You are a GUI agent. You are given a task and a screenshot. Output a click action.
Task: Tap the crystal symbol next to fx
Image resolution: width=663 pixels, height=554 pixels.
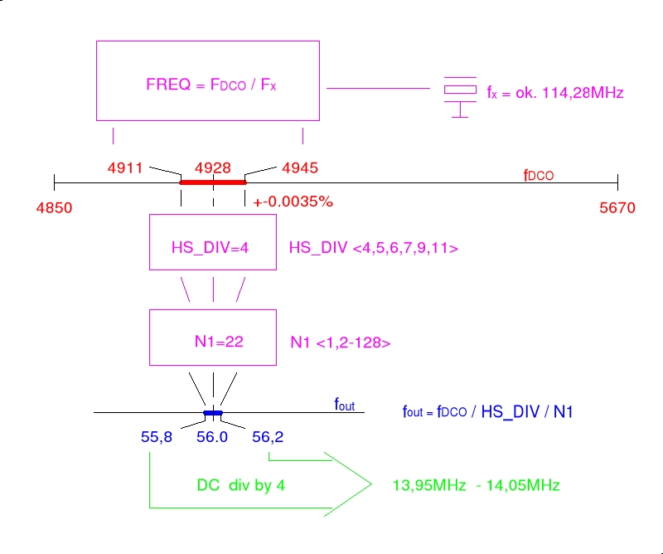459,92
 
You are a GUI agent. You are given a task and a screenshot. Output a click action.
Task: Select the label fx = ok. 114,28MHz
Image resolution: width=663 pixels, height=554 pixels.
554,94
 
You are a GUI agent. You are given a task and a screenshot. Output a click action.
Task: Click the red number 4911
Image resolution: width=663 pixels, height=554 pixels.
125,167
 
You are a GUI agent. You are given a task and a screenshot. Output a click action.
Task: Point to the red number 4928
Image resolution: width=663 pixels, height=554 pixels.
213,167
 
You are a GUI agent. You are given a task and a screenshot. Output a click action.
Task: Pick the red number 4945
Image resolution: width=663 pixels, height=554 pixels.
300,167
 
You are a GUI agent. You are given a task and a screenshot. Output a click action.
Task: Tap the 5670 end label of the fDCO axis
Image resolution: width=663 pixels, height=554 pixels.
617,208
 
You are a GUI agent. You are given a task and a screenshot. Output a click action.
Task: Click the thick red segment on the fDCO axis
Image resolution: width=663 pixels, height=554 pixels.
213,182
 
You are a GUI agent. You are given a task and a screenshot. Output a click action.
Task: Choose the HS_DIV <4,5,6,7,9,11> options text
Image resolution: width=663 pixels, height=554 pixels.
374,248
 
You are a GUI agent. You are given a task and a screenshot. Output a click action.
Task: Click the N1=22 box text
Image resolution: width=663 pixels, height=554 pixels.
213,341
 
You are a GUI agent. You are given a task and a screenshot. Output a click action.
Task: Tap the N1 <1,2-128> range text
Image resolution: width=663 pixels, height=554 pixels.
341,342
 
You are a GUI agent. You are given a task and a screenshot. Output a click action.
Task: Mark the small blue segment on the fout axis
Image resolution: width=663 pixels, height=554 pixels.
214,412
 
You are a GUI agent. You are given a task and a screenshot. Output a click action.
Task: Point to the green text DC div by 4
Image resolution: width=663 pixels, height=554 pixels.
241,485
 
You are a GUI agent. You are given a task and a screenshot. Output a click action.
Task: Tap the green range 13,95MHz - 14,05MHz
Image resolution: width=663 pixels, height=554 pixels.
476,485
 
